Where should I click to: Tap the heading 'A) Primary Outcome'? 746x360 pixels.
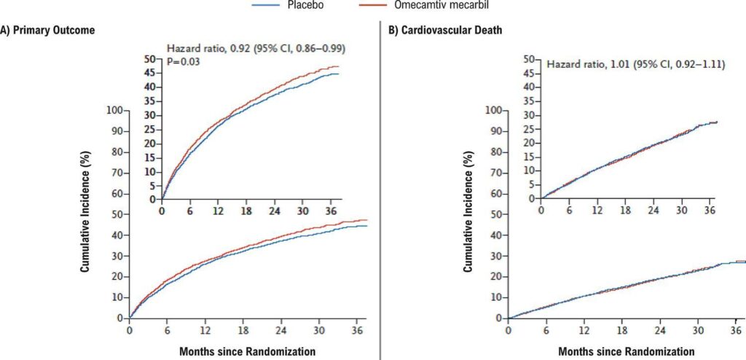point(48,31)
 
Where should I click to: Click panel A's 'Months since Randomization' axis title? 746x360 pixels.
point(248,351)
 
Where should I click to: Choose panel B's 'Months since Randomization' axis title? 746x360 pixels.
point(627,351)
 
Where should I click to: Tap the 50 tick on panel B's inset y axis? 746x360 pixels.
point(530,59)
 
